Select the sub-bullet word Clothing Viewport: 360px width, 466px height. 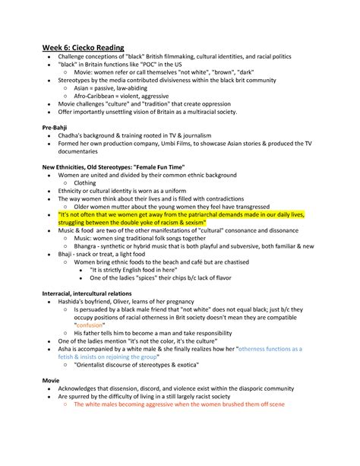[x=85, y=183]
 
